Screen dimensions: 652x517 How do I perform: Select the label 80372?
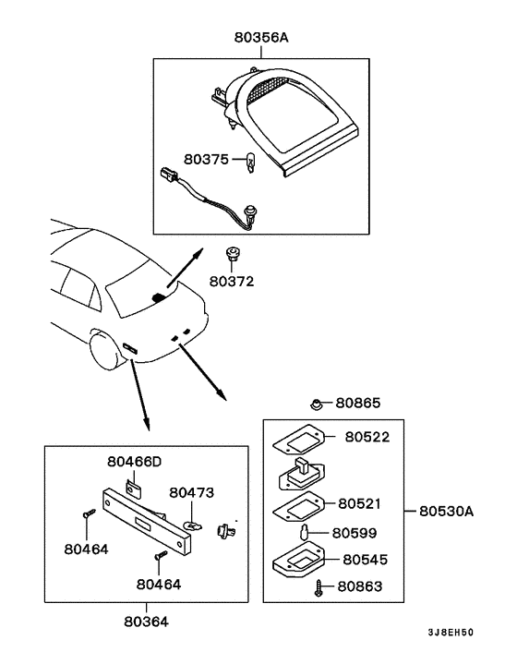click(x=231, y=281)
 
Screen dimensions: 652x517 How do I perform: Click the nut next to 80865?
click(x=317, y=404)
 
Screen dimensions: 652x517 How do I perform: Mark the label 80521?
click(x=360, y=503)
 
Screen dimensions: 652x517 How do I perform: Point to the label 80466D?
click(x=134, y=461)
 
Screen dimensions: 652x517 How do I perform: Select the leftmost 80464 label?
click(x=86, y=549)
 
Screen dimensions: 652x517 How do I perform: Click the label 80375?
click(x=205, y=159)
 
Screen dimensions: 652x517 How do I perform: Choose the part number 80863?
click(x=360, y=586)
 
